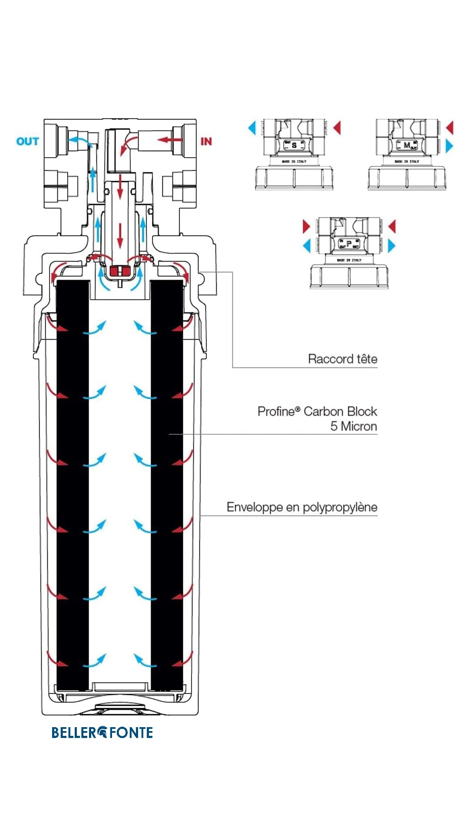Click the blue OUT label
[27, 142]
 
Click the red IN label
[206, 142]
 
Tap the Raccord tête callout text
[342, 359]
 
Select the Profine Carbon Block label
[317, 411]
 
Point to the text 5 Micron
[353, 427]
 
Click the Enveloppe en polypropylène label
[302, 507]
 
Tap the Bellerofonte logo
[102, 733]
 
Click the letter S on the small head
[294, 145]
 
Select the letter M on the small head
[406, 145]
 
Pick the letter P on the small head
[349, 244]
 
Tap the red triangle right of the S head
[337, 128]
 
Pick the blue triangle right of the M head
[449, 146]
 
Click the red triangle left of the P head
[306, 226]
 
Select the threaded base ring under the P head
[349, 278]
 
